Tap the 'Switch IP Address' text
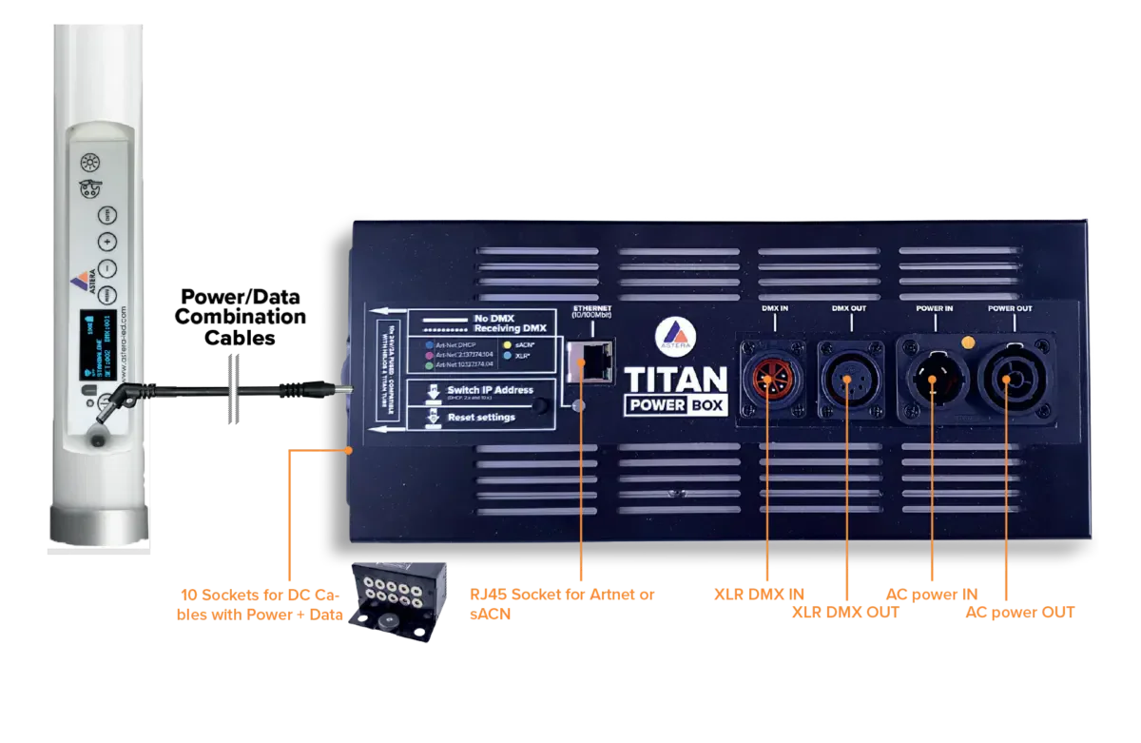point(490,390)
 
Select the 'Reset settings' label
point(481,417)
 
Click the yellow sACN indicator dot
point(509,344)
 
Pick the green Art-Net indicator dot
point(431,364)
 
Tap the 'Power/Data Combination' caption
point(242,305)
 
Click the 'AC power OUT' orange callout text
point(1019,614)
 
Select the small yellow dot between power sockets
point(968,341)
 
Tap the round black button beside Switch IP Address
point(543,407)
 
